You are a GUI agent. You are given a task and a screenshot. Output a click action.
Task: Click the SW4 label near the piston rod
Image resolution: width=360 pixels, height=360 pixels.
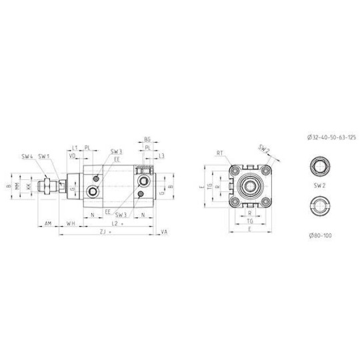click(x=27, y=156)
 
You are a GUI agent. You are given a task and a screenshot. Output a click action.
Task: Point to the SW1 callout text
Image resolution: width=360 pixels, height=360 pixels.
click(x=43, y=156)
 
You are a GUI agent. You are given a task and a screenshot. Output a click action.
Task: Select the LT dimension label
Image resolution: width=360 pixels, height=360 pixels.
click(x=75, y=148)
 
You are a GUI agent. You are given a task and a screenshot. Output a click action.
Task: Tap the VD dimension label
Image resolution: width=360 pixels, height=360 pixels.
click(x=73, y=156)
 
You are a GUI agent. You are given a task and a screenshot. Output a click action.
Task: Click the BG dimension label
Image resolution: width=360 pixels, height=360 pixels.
click(x=147, y=140)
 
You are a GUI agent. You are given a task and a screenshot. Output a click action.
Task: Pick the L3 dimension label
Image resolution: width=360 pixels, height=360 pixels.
click(x=162, y=156)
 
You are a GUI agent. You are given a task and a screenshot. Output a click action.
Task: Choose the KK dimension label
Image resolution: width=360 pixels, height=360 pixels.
click(x=27, y=187)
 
